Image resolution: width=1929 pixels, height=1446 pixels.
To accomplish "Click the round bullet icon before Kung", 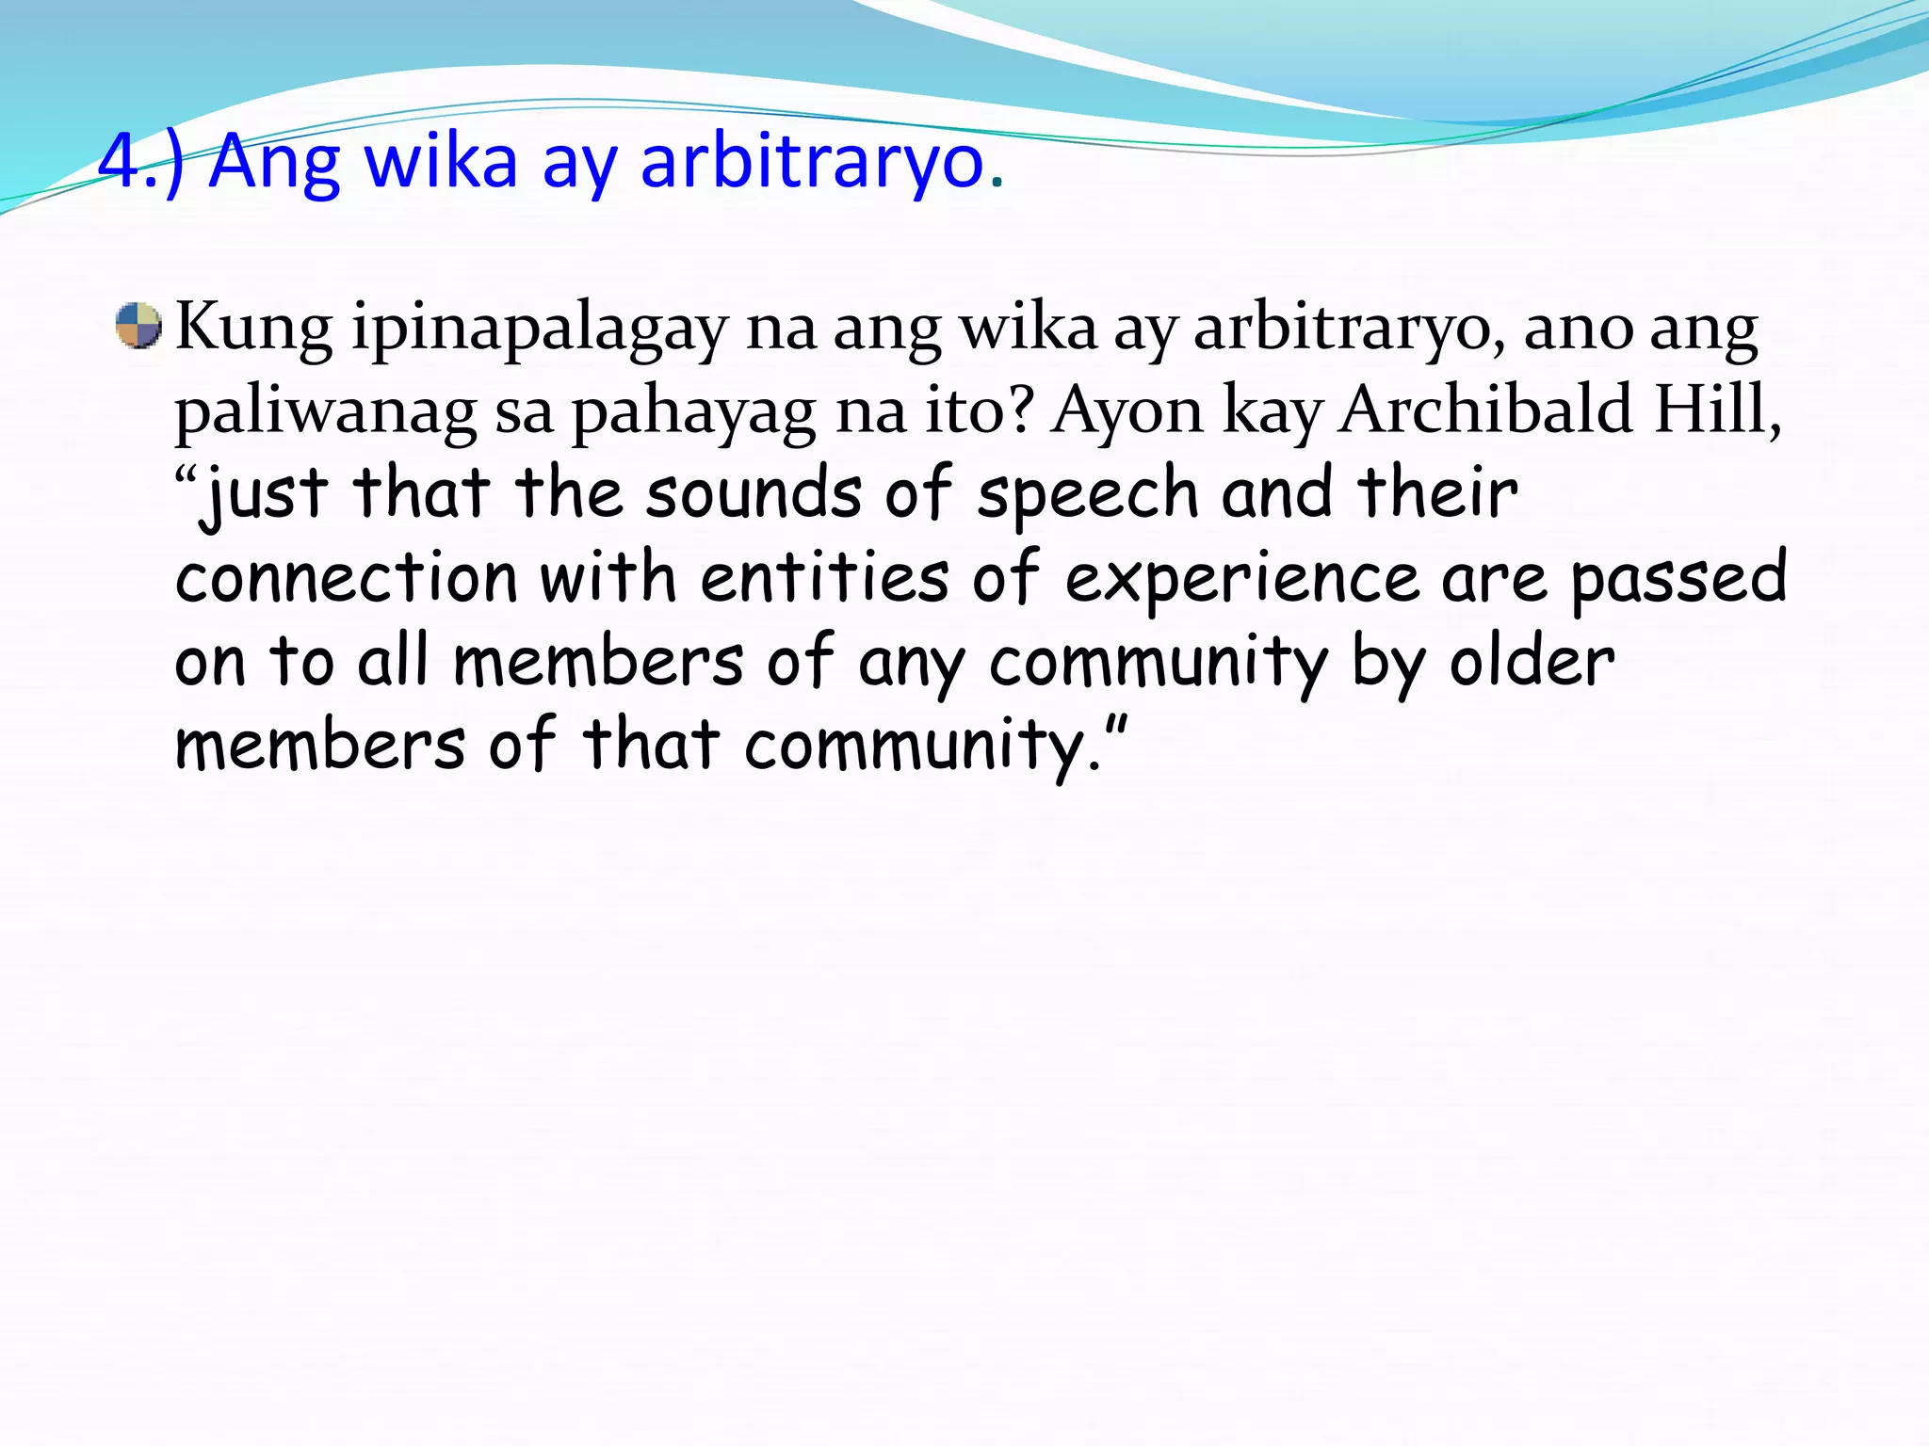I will [x=138, y=326].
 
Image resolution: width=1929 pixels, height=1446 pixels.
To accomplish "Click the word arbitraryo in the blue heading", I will [x=812, y=162].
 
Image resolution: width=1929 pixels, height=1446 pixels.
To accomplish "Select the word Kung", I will [x=253, y=329].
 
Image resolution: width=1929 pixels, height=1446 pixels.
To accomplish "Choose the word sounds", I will [x=754, y=494].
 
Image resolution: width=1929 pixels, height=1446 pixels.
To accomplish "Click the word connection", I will [x=347, y=577].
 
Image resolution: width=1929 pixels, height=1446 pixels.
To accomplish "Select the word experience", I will [x=1241, y=579].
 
